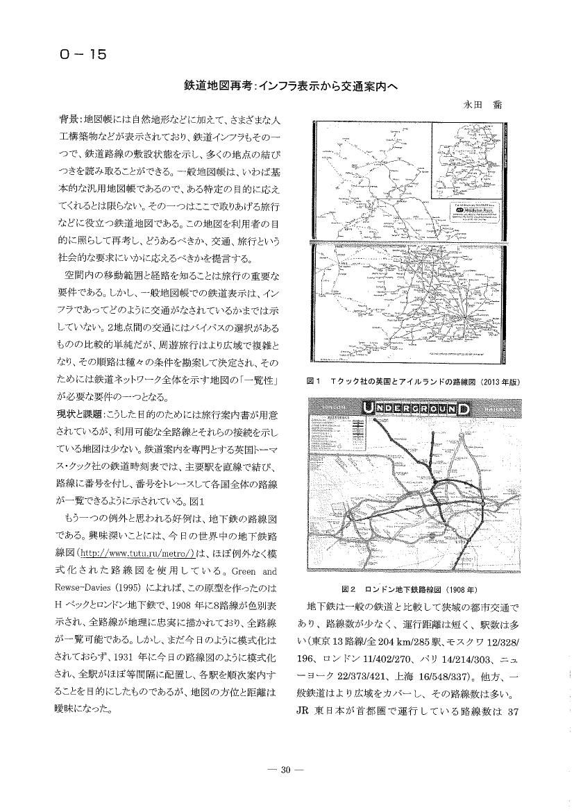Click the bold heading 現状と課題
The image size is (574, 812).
click(80, 414)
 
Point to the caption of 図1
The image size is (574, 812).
click(414, 382)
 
